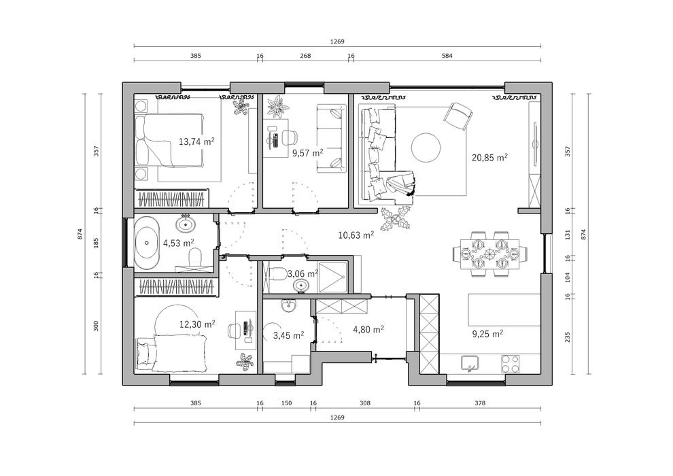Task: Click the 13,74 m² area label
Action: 196,142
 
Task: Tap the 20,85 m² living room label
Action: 490,157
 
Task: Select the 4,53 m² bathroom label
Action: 178,242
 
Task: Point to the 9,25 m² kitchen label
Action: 487,334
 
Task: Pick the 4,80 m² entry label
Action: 368,330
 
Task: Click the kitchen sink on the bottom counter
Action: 469,364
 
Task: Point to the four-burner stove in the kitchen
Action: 511,364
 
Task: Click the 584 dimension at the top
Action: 446,56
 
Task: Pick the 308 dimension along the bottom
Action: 364,403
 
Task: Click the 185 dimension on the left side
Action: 97,241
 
